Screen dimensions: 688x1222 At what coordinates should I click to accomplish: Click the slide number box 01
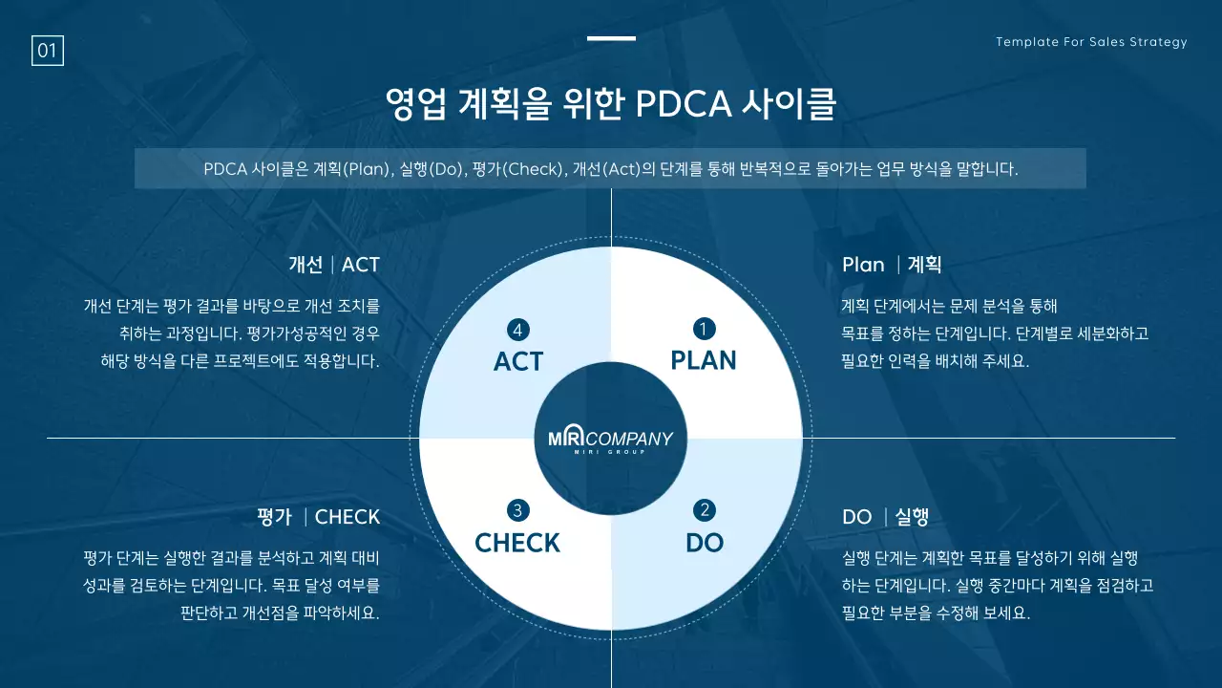(48, 51)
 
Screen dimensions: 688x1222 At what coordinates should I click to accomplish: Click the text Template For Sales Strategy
(1091, 42)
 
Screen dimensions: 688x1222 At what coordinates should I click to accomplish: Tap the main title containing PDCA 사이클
(610, 104)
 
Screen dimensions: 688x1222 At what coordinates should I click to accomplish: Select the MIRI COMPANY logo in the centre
(611, 440)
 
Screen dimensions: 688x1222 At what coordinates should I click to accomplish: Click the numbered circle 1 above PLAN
(704, 330)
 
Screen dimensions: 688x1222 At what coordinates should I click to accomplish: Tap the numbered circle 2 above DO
(705, 510)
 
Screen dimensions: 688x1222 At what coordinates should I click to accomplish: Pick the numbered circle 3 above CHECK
(517, 510)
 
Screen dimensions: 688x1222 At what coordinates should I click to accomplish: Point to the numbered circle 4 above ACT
(517, 330)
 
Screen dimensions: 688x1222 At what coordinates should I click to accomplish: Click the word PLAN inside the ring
(704, 360)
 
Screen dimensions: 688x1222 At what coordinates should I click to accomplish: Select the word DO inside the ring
(705, 543)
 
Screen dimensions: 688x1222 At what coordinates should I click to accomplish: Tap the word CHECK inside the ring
(517, 543)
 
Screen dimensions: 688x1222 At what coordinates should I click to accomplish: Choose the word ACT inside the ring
(518, 361)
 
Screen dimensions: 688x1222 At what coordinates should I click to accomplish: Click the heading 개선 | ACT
(334, 265)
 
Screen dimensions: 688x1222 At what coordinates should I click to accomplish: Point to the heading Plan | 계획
(892, 265)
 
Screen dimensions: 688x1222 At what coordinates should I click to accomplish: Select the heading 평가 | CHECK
(318, 517)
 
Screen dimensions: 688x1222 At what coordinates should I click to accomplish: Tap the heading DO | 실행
(885, 517)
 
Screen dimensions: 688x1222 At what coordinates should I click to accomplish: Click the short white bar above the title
(611, 39)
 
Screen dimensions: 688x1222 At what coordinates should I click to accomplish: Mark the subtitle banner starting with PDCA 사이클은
(610, 169)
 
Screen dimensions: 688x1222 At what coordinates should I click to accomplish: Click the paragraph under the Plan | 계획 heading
(994, 334)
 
